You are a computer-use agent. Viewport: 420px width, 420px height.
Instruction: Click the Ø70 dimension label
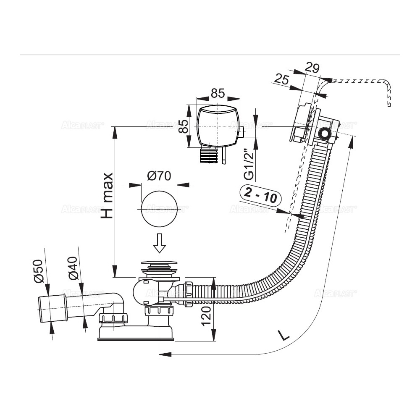point(159,176)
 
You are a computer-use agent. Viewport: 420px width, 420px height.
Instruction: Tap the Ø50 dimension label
point(38,272)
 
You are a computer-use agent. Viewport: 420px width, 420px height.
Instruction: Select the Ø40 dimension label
point(73,269)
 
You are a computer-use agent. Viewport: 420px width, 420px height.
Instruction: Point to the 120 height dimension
point(206,315)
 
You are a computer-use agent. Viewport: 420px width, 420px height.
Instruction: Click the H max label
point(108,195)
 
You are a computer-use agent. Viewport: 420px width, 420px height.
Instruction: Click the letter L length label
point(284,335)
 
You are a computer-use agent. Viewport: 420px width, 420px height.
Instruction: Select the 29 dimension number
point(312,68)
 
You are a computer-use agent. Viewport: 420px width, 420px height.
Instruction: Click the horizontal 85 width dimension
point(217,93)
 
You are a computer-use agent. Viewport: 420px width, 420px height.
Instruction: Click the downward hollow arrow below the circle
point(159,243)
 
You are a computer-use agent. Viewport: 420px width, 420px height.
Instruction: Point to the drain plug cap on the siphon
point(159,265)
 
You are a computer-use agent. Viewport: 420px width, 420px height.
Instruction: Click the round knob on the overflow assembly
point(324,134)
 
